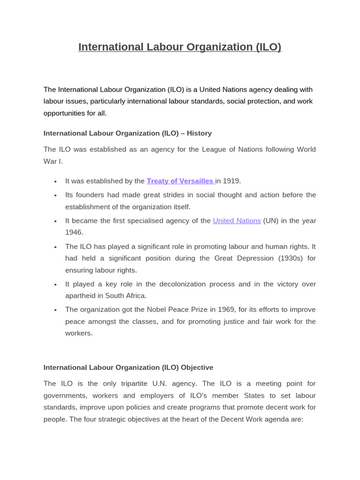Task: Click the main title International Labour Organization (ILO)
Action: [x=180, y=47]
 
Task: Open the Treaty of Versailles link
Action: [x=180, y=181]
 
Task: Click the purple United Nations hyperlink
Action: [x=237, y=221]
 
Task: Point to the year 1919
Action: [x=232, y=181]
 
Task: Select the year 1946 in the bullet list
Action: [x=74, y=232]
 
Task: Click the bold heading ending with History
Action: [x=127, y=133]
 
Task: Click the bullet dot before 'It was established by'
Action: [x=55, y=181]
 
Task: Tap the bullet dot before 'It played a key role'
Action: [x=55, y=285]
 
